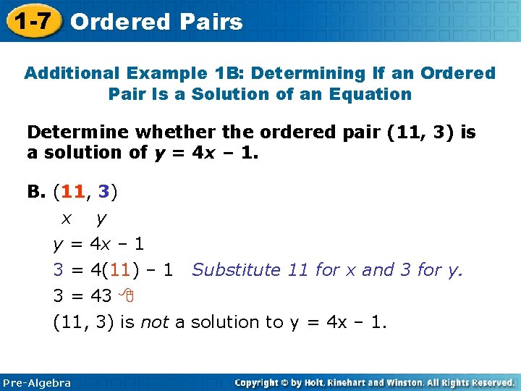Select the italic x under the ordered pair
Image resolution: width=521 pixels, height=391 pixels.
tap(66, 217)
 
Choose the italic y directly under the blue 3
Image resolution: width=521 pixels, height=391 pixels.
tap(101, 219)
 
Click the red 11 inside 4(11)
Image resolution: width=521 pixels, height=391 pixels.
tap(122, 270)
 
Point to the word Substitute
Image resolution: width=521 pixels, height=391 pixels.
tap(236, 270)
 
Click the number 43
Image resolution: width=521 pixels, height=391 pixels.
tap(101, 295)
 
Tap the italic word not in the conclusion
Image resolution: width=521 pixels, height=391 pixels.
tap(153, 321)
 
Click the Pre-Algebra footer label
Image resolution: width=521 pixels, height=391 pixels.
tap(37, 382)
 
